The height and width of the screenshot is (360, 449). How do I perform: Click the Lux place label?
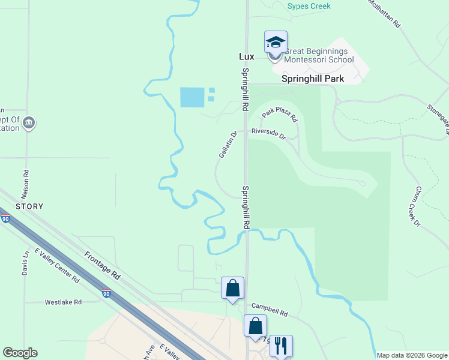coord(247,56)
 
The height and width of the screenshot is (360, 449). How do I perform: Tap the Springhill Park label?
coord(313,79)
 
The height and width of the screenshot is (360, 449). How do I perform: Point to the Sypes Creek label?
coord(309,6)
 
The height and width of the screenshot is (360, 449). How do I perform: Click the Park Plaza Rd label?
coord(280,113)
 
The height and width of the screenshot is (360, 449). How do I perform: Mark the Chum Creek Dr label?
coord(417,206)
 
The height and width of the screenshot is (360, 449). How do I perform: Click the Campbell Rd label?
coord(270,309)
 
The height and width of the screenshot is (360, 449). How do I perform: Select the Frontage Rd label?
coord(102,266)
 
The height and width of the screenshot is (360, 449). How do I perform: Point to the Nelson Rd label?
coord(26,180)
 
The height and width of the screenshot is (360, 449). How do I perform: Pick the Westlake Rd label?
coord(63,302)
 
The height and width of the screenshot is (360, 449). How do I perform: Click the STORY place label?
coord(29,206)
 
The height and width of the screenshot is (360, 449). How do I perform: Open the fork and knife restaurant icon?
coord(281,346)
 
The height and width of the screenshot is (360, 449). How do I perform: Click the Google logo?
coord(20,353)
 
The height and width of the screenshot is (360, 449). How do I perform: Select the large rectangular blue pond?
coord(192,97)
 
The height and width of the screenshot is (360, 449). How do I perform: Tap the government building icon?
coord(28,124)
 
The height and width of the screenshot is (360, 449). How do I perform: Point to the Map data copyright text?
coord(411,355)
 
